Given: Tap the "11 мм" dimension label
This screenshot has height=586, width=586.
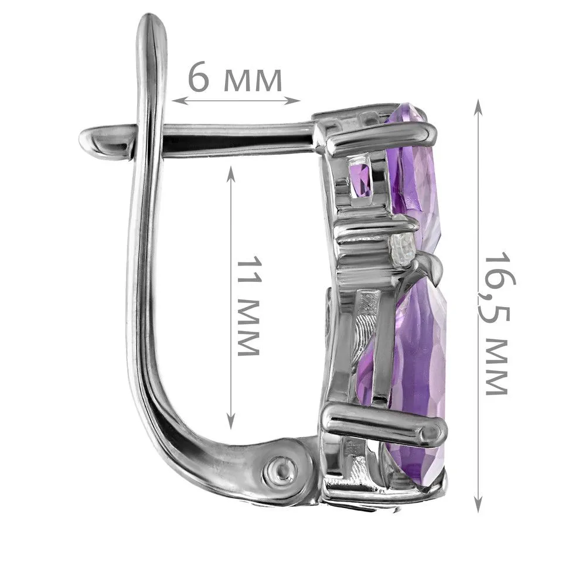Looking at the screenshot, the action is (248, 306).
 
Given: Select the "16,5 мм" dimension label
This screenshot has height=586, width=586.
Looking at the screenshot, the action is (498, 323).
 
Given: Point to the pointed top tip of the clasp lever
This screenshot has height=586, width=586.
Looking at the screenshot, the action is (152, 16).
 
